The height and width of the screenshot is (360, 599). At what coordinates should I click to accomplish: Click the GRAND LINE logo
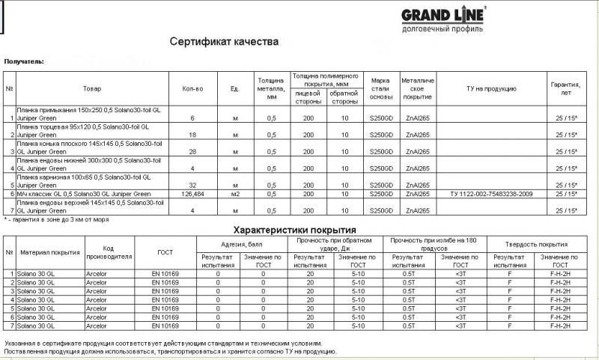[x=444, y=19]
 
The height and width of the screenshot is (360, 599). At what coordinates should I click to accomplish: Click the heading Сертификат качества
[x=224, y=41]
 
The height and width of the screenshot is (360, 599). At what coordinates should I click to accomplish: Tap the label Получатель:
[x=24, y=61]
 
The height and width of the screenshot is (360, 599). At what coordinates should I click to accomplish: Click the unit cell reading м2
[x=234, y=194]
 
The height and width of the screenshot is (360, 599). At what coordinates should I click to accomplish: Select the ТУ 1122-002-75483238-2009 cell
[x=491, y=194]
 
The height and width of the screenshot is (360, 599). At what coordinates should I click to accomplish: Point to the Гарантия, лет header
[x=565, y=88]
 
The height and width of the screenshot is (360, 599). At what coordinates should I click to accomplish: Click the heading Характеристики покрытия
[x=294, y=229]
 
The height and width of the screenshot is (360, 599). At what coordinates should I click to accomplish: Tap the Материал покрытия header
[x=49, y=252]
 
